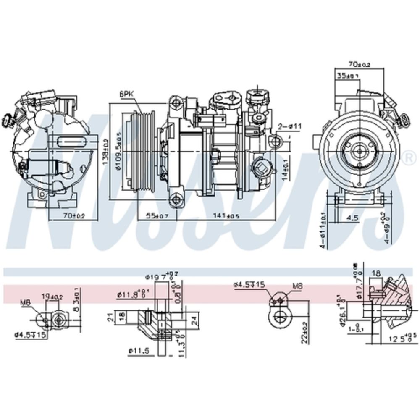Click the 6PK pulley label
pyautogui.click(x=126, y=95)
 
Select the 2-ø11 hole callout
pyautogui.click(x=290, y=126)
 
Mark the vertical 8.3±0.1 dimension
pyautogui.click(x=76, y=299)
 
